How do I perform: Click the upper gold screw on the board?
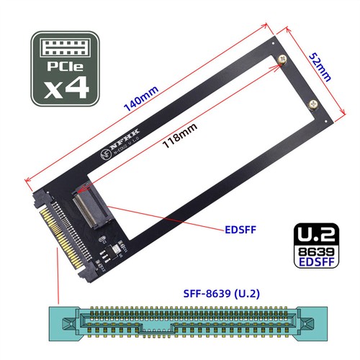(x=282, y=59)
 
